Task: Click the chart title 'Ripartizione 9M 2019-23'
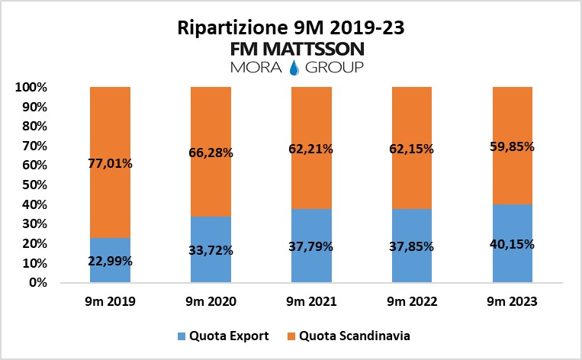[291, 28]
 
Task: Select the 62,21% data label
[310, 149]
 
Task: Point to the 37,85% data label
[411, 246]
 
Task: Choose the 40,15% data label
[512, 244]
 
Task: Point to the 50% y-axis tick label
[34, 185]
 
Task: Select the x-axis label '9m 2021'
[310, 301]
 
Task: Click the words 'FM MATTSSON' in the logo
[297, 50]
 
